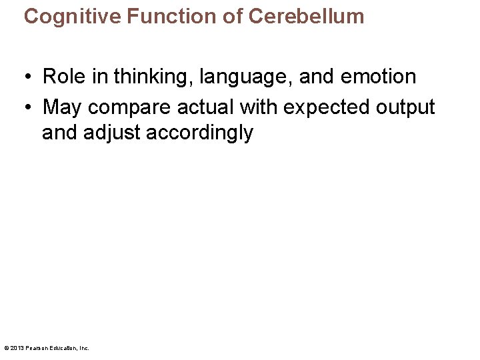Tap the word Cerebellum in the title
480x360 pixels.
click(306, 16)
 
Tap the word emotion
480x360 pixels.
click(378, 77)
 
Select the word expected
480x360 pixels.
click(327, 108)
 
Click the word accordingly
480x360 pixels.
click(199, 133)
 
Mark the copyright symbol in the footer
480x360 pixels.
click(6, 348)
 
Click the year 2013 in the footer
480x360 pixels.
click(16, 348)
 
